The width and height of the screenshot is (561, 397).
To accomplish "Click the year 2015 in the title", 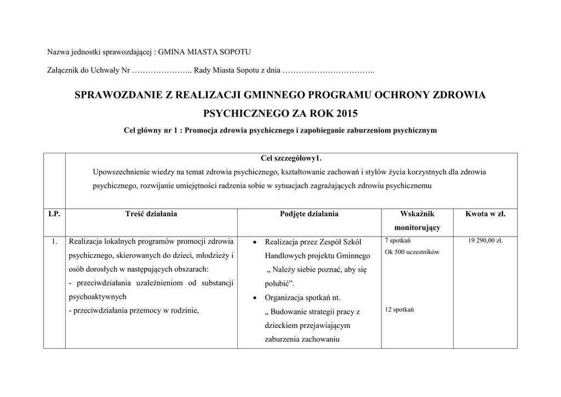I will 345,114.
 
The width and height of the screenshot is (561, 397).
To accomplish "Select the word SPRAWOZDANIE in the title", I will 115,95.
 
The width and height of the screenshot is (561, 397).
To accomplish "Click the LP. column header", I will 54,214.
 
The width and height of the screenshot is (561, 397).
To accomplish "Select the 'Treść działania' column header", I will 151,214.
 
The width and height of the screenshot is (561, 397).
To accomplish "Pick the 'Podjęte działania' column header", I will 309,214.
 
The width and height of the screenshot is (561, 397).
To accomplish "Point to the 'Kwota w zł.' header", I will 485,214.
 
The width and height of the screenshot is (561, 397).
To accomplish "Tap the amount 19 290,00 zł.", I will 485,241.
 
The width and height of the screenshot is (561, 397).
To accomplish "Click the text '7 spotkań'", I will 398,241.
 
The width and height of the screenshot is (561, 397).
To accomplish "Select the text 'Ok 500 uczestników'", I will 412,252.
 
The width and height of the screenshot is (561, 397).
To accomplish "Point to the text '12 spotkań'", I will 399,310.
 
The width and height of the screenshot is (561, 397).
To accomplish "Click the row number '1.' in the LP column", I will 54,241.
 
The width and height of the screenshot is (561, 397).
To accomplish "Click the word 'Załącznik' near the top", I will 64,71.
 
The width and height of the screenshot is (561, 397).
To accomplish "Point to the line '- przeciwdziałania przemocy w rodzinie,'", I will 133,310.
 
